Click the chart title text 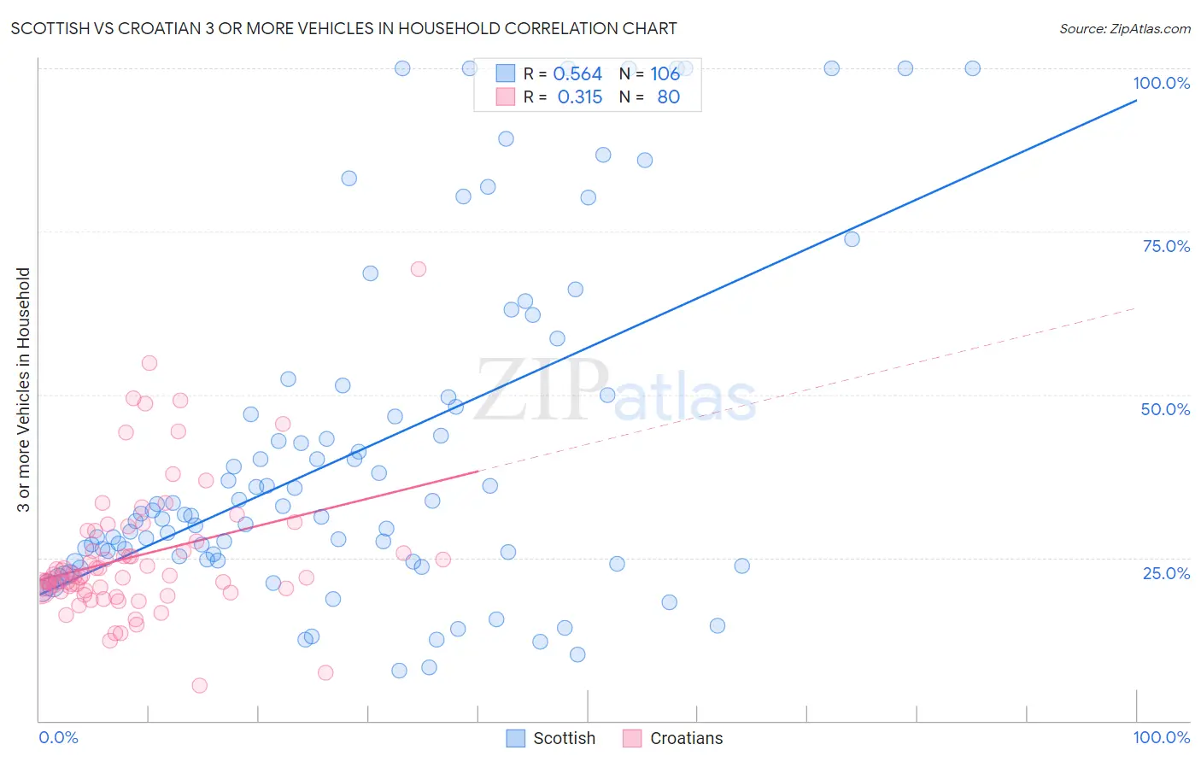coord(343,28)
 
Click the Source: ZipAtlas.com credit coord(1124,28)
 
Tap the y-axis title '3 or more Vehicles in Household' coord(24,390)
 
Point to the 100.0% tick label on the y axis coord(1161,83)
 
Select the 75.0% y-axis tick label coord(1166,246)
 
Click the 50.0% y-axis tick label coord(1165,409)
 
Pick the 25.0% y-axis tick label coord(1166,573)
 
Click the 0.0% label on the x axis coord(58,737)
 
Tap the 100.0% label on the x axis coord(1161,737)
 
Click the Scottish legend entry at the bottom coord(551,738)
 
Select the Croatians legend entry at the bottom coord(673,738)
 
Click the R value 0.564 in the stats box coord(577,74)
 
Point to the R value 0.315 coord(579,97)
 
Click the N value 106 coord(665,74)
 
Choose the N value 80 coord(668,97)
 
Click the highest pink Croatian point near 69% coord(419,269)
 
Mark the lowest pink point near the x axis coord(200,685)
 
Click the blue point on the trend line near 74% coord(852,239)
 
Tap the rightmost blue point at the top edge coord(972,68)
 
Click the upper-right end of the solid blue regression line coord(1136,101)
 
